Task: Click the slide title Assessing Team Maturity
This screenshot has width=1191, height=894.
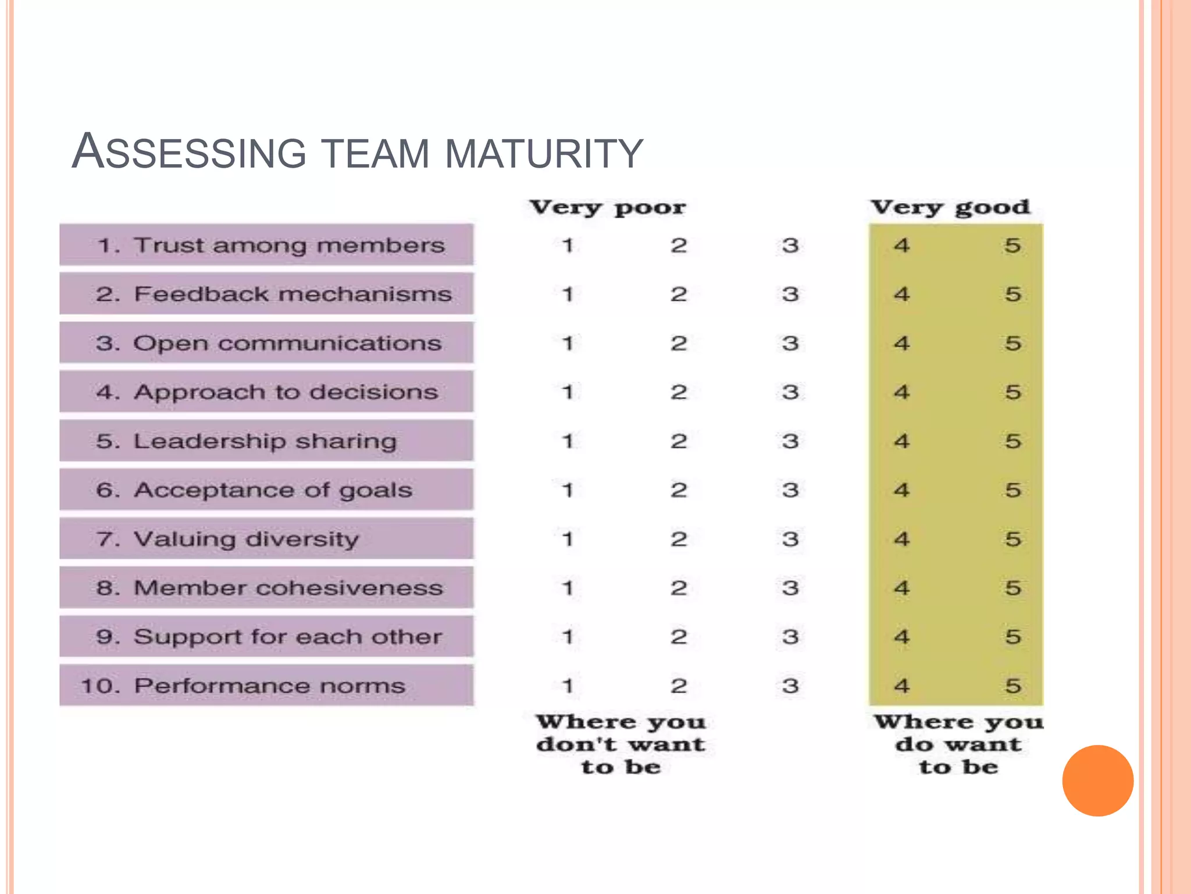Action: [357, 152]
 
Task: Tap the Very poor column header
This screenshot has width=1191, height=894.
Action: [607, 207]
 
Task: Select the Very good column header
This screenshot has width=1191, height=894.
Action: [950, 207]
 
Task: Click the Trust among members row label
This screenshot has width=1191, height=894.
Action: [270, 245]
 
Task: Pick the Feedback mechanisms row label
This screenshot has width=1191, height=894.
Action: [273, 294]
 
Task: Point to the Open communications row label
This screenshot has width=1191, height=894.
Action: [269, 343]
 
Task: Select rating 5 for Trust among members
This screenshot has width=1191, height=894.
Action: [1012, 245]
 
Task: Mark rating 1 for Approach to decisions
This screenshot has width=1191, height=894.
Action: [568, 392]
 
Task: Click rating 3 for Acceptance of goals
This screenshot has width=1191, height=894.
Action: [790, 490]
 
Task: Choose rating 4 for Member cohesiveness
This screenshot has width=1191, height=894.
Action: [901, 588]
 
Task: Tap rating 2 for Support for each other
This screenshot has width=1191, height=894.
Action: [679, 637]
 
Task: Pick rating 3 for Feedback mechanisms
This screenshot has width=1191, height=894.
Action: [790, 294]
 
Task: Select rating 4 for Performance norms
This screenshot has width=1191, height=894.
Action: [901, 686]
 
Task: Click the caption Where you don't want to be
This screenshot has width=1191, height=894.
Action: [621, 744]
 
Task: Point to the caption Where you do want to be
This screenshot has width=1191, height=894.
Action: [958, 744]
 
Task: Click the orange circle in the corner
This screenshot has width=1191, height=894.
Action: [1097, 781]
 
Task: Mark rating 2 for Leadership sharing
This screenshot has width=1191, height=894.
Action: [679, 441]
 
